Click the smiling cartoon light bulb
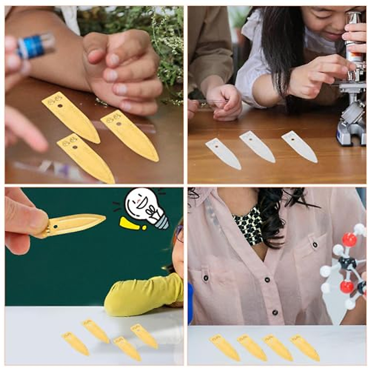coord(145,207)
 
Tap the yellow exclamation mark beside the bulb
coord(131,224)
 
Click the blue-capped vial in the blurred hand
coord(35,46)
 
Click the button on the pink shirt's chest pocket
coord(315,245)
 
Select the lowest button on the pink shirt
coord(274,313)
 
